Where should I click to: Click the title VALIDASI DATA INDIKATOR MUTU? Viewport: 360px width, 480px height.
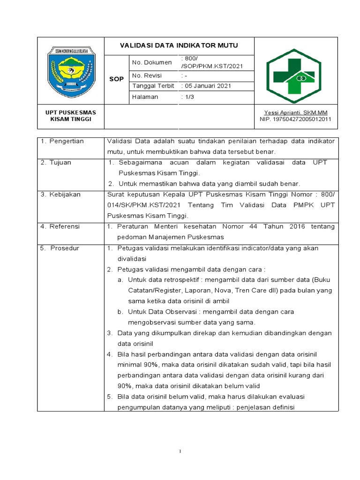179,45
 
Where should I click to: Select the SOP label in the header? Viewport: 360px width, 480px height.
116,79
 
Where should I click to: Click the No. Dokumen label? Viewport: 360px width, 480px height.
150,62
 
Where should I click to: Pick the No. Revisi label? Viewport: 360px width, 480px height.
147,76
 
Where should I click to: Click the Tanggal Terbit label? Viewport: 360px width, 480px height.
153,86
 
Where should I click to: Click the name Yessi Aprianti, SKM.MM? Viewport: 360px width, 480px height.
295,112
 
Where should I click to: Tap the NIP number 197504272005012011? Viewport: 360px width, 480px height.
295,119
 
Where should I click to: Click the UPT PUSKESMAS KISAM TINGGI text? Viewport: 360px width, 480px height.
70,116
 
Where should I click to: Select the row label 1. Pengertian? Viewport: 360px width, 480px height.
62,141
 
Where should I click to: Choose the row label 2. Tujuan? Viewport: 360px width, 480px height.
56,162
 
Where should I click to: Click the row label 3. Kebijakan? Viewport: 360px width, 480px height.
60,194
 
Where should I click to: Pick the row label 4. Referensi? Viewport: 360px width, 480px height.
60,226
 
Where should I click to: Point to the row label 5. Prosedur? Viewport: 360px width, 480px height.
60,247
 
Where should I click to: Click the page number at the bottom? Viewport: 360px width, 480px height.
180,451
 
